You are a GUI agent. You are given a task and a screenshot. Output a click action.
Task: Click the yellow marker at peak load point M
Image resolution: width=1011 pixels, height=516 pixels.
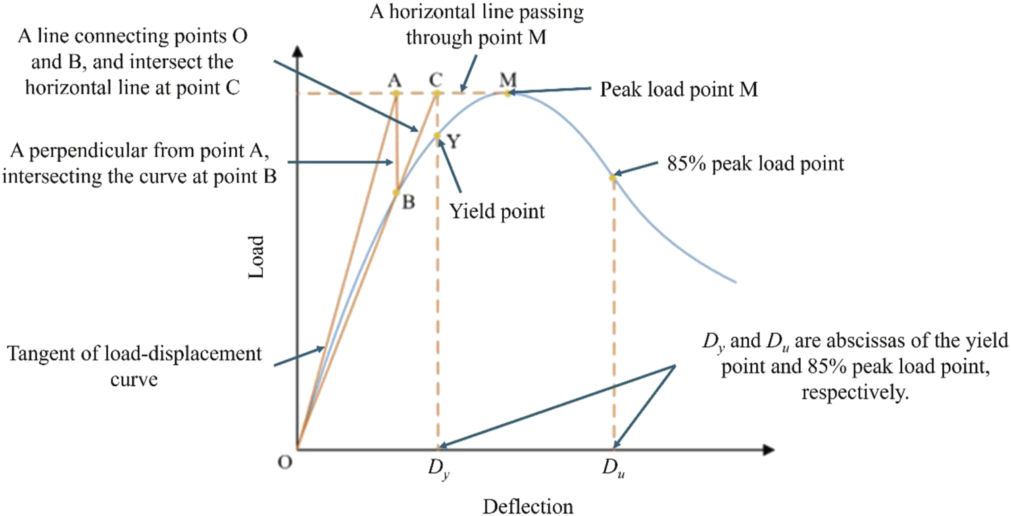point(507,93)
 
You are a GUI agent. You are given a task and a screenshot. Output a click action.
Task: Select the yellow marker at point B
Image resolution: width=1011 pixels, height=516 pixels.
point(396,193)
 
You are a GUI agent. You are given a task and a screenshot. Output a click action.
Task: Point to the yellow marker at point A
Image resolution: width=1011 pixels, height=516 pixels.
point(396,93)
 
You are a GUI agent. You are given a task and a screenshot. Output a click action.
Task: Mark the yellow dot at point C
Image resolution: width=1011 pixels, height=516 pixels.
point(437,93)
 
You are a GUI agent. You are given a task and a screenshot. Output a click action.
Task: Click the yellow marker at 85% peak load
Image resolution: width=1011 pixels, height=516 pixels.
point(612,178)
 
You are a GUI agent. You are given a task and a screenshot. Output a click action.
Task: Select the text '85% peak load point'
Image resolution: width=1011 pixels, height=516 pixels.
point(755,164)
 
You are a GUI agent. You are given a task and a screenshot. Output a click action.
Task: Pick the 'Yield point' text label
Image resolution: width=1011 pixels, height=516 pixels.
point(497,211)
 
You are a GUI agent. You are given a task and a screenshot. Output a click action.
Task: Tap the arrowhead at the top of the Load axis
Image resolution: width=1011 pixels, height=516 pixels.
point(297,51)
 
